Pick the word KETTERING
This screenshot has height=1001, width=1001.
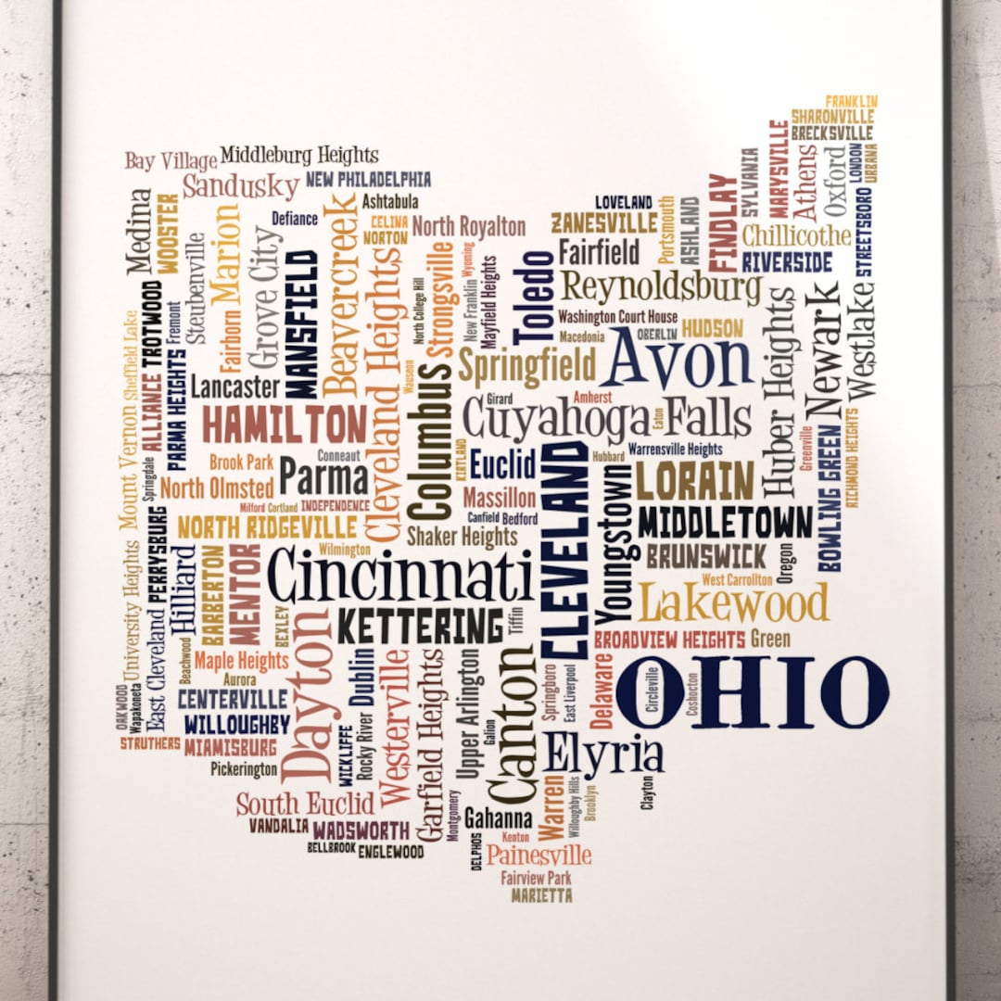(x=420, y=627)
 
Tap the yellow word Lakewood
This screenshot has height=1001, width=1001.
(x=733, y=603)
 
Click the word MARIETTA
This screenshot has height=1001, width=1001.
(x=541, y=896)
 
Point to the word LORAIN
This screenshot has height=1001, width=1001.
(x=694, y=480)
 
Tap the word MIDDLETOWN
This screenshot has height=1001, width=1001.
(x=724, y=523)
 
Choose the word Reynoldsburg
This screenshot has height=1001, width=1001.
(x=662, y=287)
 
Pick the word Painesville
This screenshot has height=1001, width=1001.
(x=539, y=854)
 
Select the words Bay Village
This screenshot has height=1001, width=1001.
(x=171, y=161)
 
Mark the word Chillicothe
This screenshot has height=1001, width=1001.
(x=796, y=235)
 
